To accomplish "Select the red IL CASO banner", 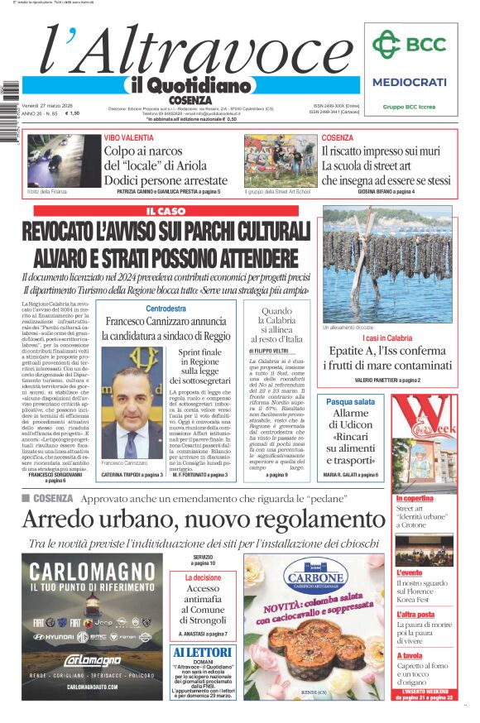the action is [x=165, y=211].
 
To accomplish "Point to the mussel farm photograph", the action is [x=388, y=264].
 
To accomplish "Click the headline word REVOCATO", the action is [x=80, y=232].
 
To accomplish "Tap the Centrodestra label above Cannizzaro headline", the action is [x=166, y=309].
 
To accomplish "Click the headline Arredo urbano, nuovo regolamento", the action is [x=203, y=519].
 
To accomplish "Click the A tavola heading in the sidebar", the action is [x=411, y=656].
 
